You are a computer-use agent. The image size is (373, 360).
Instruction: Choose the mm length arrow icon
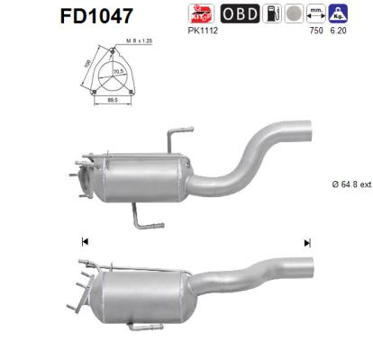[x=317, y=13]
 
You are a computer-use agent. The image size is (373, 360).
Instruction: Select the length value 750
[x=316, y=31]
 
